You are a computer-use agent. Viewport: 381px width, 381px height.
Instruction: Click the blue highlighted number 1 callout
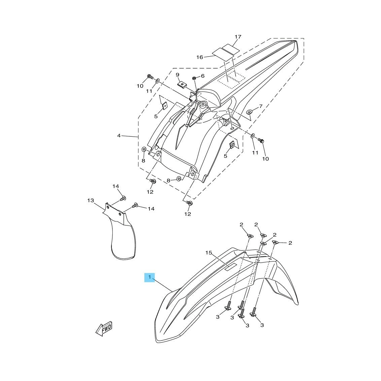[x=150, y=277]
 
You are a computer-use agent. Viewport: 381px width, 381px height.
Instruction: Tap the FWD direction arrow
[x=104, y=328]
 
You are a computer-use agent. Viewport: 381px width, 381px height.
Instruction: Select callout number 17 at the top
[x=238, y=37]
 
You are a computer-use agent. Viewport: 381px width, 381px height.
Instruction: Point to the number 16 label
[x=200, y=57]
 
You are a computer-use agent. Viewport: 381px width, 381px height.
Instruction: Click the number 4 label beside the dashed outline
[x=119, y=136]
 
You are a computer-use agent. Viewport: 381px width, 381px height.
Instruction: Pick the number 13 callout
[x=91, y=201]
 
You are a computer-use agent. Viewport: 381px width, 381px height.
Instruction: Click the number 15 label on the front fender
[x=209, y=253]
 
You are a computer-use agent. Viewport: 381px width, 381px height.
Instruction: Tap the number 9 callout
[x=177, y=75]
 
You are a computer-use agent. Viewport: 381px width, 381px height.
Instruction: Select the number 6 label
[x=203, y=76]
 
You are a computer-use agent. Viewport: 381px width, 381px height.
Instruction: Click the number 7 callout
[x=261, y=106]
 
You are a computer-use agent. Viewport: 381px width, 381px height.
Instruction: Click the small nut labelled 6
[x=195, y=78]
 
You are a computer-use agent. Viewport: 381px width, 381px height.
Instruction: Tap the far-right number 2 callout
[x=290, y=243]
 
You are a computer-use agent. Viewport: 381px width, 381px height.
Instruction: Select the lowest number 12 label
[x=187, y=214]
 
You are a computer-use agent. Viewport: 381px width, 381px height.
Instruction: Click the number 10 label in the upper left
[x=140, y=86]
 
